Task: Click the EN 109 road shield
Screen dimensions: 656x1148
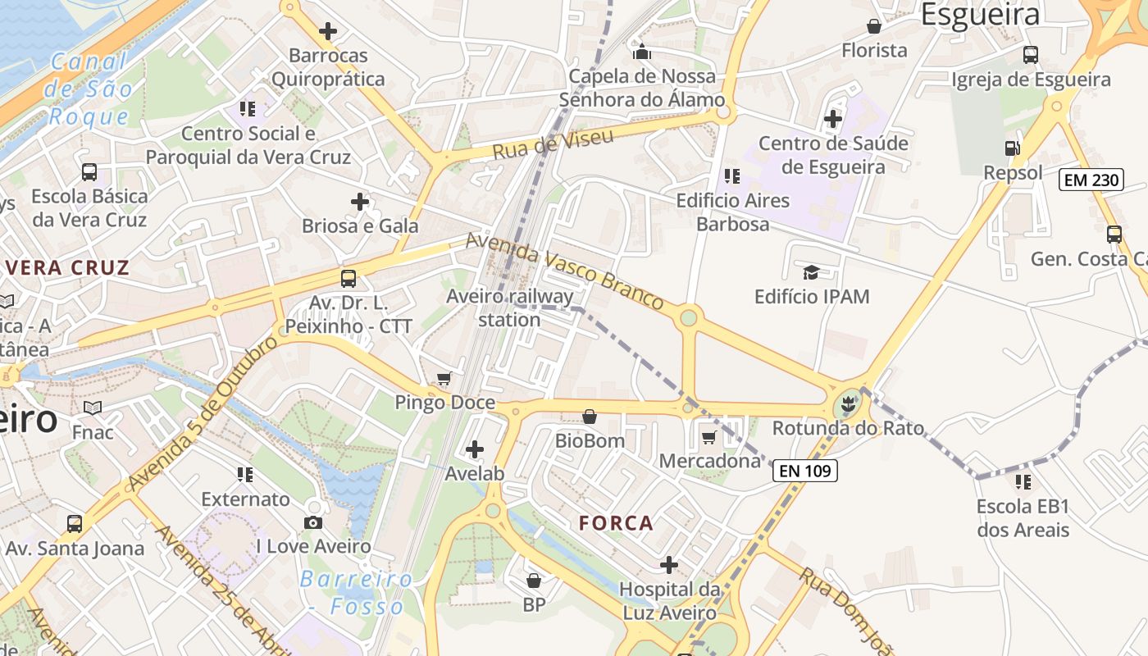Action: tap(804, 471)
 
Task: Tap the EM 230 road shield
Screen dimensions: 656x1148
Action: tap(1091, 180)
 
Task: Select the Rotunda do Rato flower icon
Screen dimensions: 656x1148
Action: tap(848, 404)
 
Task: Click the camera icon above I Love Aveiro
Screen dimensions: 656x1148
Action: tap(313, 522)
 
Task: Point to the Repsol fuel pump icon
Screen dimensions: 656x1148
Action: tap(1013, 148)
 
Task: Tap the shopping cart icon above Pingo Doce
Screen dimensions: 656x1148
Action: tap(444, 378)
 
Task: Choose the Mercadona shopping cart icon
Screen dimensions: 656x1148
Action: tap(709, 437)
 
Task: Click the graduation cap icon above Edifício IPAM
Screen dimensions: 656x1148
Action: tap(811, 272)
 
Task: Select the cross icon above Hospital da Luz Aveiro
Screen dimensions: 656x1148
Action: tap(669, 565)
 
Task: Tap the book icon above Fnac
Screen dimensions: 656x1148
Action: tap(93, 408)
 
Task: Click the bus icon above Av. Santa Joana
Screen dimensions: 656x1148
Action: tap(75, 523)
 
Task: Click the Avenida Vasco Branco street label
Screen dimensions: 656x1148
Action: tap(564, 270)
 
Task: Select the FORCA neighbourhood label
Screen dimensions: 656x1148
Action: tap(616, 523)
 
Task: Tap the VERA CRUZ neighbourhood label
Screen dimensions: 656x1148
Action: tap(68, 267)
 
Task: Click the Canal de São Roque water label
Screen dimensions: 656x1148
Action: tap(89, 89)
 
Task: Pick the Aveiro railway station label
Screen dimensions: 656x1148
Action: tap(509, 307)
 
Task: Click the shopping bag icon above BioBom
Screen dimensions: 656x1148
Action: tap(589, 417)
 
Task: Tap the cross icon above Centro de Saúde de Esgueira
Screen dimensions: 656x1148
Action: tap(833, 120)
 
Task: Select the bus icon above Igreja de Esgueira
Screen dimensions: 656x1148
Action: tap(1031, 55)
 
